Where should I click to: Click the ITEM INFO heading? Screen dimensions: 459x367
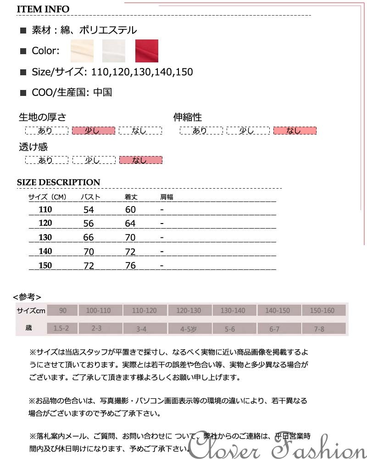[x=43, y=9]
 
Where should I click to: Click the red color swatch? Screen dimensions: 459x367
[x=146, y=51]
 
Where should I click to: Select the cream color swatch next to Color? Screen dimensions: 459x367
[x=82, y=51]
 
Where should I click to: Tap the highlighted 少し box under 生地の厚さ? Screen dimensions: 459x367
[x=93, y=131]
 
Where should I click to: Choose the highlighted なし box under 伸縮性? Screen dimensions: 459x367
[x=295, y=131]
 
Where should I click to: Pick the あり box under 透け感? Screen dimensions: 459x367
[x=46, y=160]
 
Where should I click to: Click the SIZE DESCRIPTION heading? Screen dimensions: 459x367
[x=58, y=182]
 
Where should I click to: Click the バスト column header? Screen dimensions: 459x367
[x=90, y=197]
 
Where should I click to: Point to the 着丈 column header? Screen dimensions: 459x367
[x=131, y=197]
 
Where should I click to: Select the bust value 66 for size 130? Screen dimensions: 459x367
[x=89, y=238]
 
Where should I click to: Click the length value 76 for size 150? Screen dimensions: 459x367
[x=130, y=266]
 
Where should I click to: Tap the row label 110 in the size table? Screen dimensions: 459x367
[x=45, y=210]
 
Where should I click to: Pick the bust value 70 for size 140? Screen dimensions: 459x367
[x=89, y=252]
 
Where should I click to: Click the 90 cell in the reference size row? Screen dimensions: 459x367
[x=62, y=311]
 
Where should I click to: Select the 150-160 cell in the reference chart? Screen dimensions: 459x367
[x=323, y=311]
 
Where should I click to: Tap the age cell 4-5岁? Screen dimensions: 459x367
[x=189, y=329]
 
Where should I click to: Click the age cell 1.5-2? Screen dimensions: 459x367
[x=61, y=329]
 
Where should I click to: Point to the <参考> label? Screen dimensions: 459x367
[x=27, y=297]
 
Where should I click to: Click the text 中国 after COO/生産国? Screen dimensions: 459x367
[x=102, y=92]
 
